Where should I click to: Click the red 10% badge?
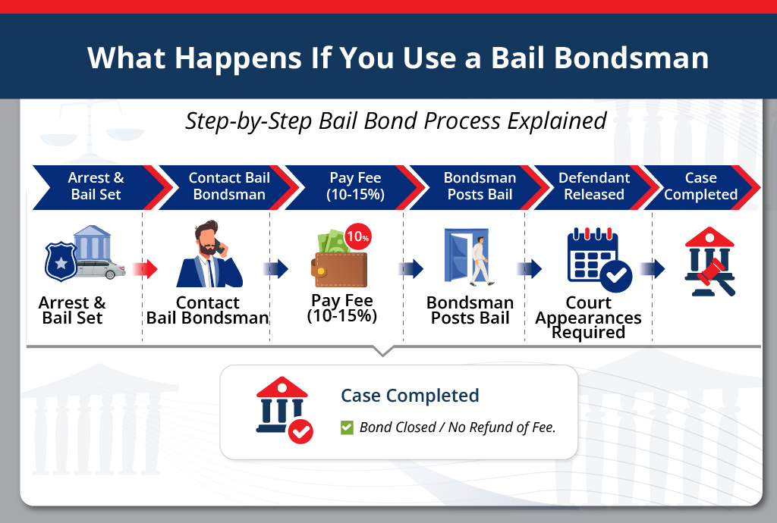click(357, 236)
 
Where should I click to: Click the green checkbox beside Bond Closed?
click(347, 427)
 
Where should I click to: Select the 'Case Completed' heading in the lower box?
click(410, 396)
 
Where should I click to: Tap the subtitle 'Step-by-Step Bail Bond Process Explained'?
click(395, 121)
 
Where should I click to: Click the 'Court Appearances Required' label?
click(588, 318)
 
